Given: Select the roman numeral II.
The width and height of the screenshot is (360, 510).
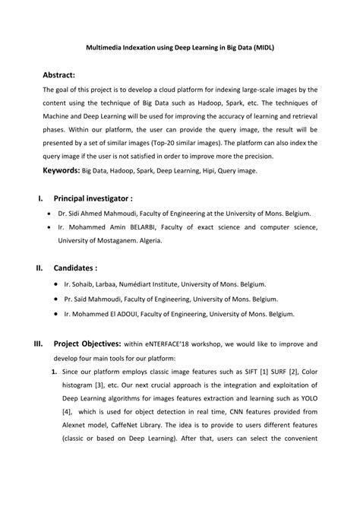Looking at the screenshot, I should tap(39, 268).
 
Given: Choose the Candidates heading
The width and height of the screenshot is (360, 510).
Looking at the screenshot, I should tap(75, 268).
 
